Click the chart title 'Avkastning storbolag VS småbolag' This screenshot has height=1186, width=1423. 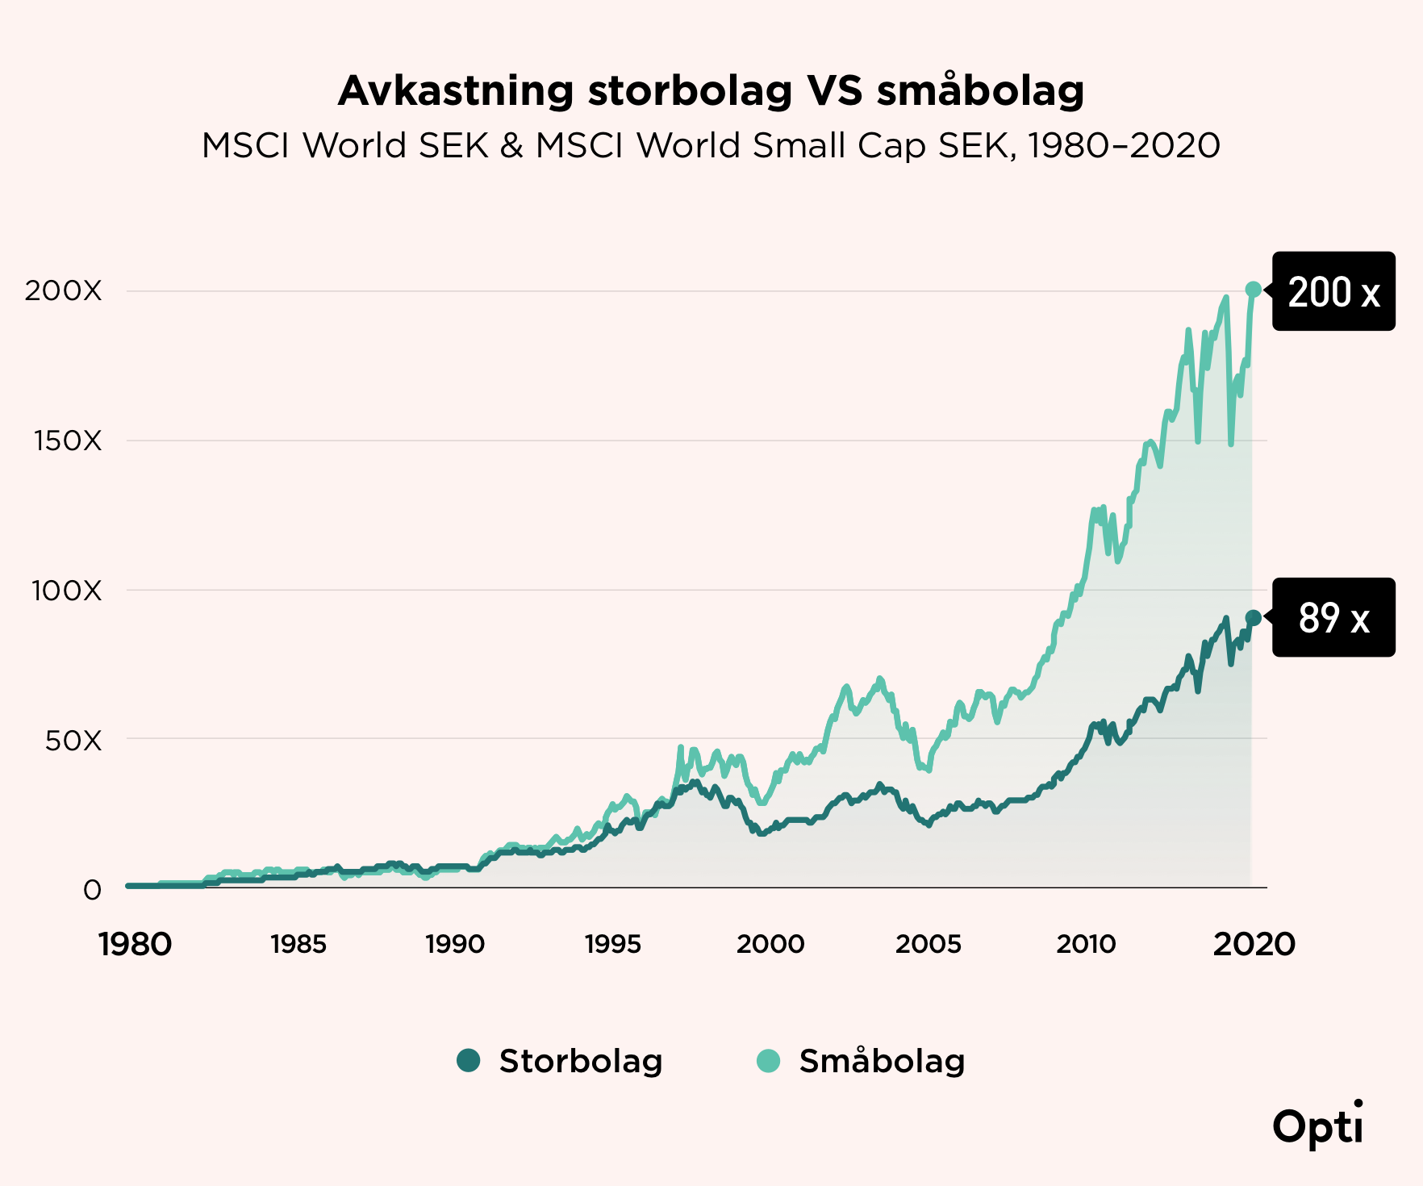tap(711, 90)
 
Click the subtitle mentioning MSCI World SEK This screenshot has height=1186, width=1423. tap(711, 146)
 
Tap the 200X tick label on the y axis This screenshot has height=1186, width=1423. tap(64, 290)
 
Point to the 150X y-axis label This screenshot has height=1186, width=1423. tap(68, 441)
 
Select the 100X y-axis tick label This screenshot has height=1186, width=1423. tap(67, 591)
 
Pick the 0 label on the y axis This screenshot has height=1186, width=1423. tap(93, 890)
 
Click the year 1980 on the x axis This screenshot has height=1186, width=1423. tap(135, 944)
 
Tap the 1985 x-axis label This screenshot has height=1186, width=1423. tap(298, 944)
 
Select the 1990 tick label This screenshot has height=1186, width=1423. tap(455, 944)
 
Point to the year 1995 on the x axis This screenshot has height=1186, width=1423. tap(613, 944)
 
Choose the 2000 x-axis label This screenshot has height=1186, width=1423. tap(770, 944)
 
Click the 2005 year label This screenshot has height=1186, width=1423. tap(928, 944)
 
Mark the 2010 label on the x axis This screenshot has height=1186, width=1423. tap(1086, 944)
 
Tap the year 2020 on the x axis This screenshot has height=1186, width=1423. tap(1254, 944)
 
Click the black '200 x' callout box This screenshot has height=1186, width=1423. tap(1333, 291)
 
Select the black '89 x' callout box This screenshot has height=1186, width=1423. tap(1333, 617)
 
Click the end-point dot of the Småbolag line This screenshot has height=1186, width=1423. tap(1253, 290)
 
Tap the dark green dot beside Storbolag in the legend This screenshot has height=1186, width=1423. tap(469, 1060)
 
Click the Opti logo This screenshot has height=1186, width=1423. tap(1318, 1123)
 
